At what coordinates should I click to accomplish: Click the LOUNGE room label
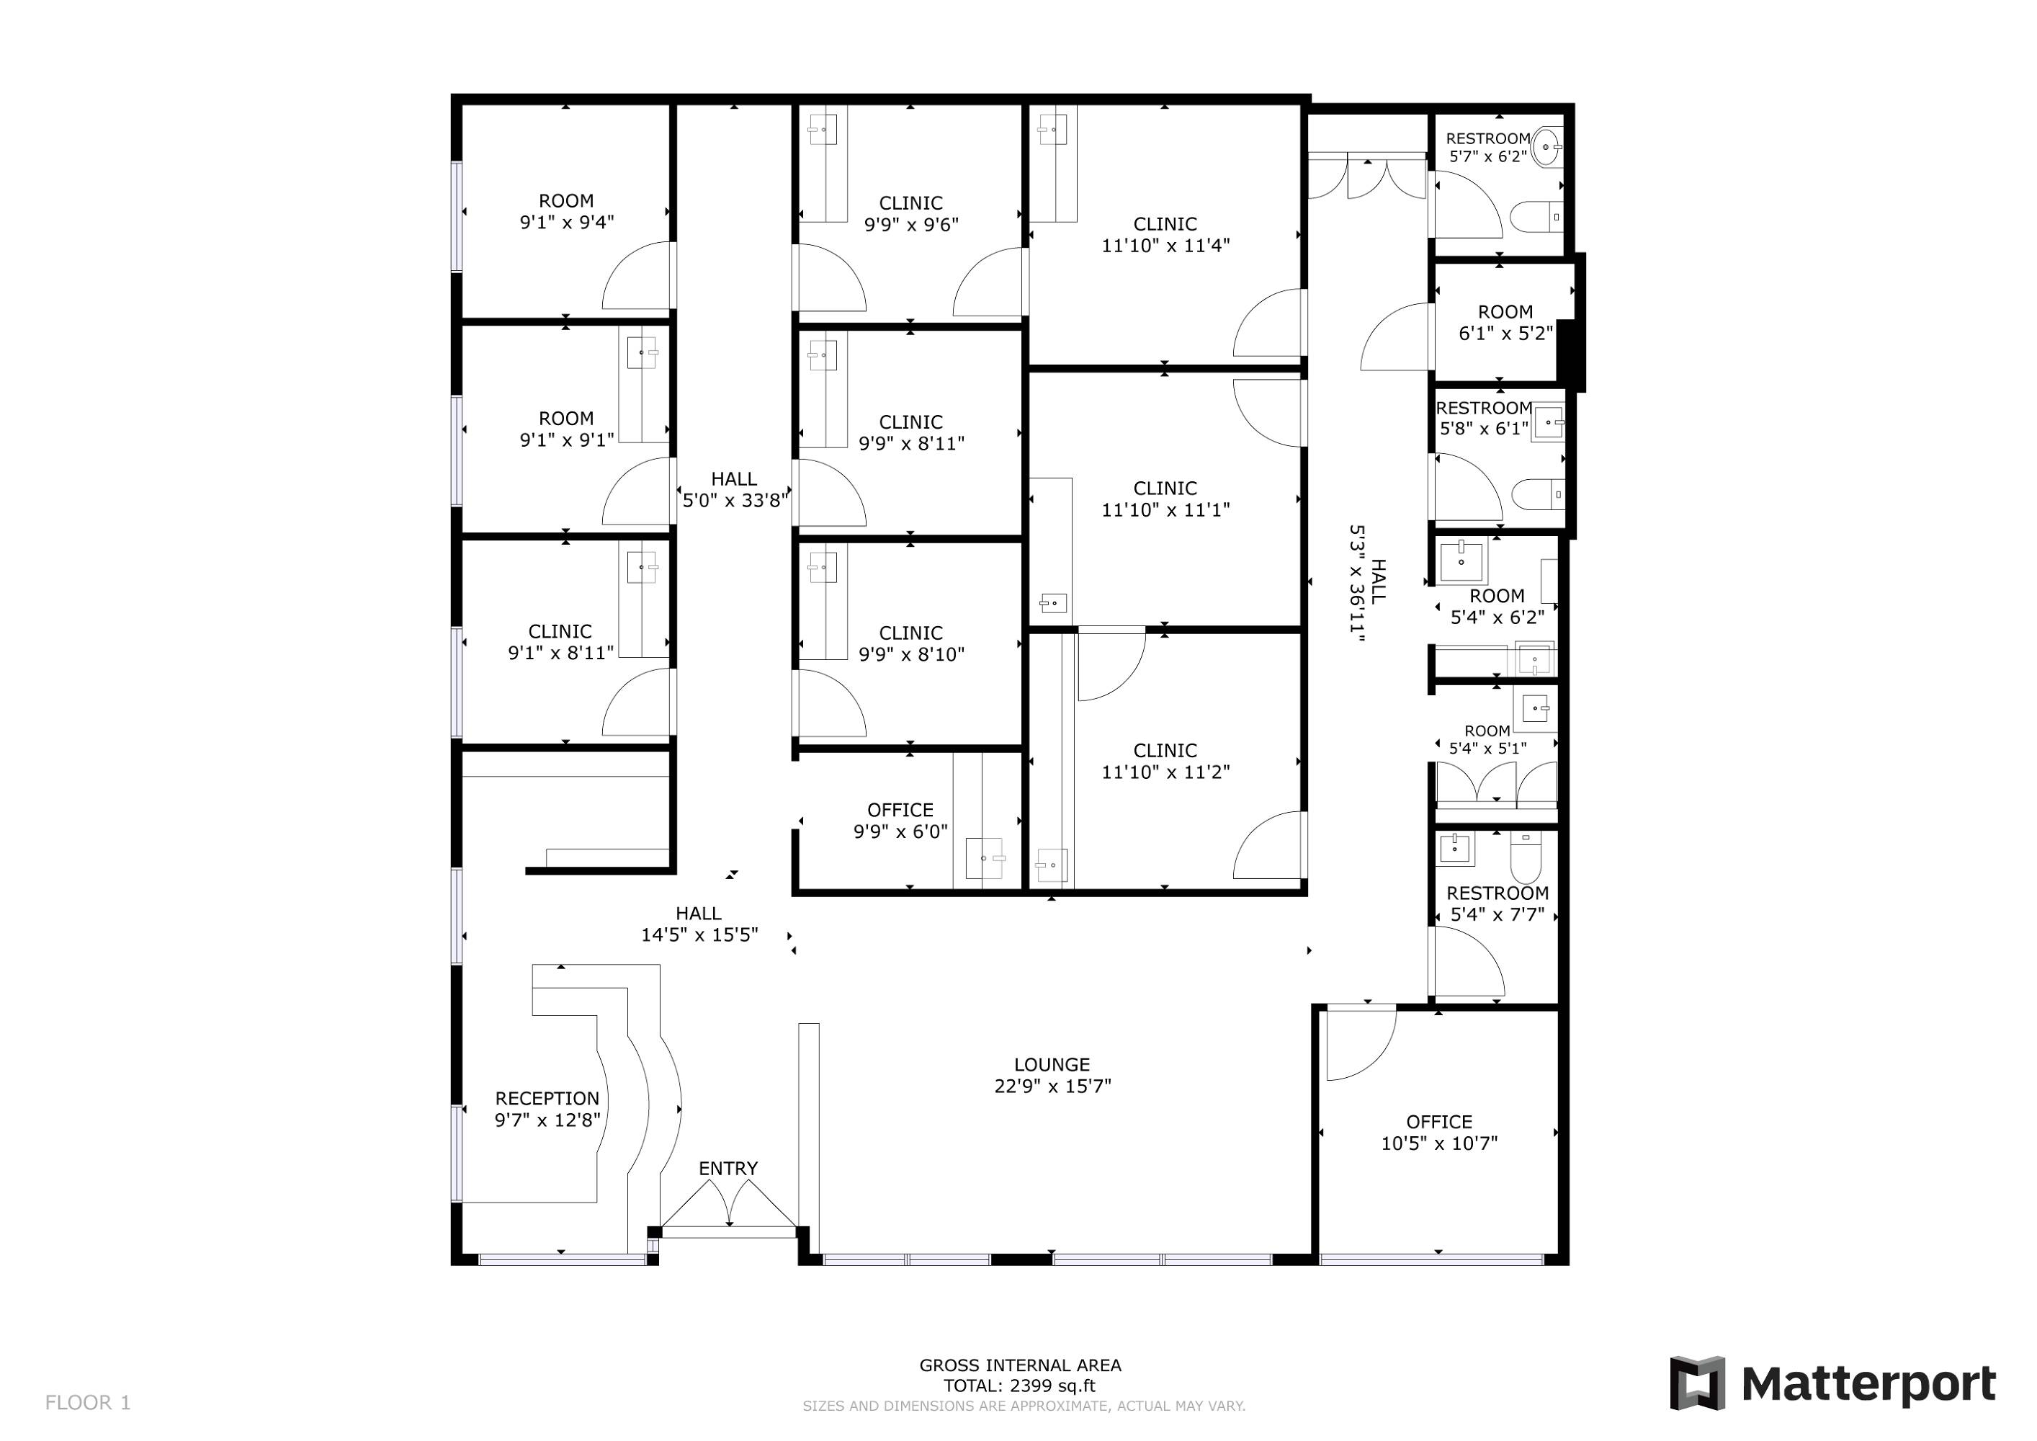(1052, 1065)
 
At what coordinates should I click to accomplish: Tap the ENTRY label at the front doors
(728, 1169)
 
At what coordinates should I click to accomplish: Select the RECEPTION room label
(547, 1099)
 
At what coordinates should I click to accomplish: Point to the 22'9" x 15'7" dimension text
(1052, 1086)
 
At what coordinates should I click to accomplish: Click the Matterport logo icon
(1697, 1383)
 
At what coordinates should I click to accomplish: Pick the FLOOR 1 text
(88, 1403)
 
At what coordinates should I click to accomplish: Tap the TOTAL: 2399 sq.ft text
(1019, 1386)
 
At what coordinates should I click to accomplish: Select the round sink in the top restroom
(1547, 146)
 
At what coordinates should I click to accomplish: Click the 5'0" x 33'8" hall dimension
(735, 501)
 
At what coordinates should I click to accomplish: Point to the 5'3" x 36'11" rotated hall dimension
(1356, 579)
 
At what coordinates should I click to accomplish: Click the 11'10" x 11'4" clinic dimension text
(1165, 246)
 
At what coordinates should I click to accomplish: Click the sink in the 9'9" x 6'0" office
(984, 858)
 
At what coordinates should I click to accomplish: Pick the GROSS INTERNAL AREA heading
(1020, 1365)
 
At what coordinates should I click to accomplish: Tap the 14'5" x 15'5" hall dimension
(699, 934)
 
